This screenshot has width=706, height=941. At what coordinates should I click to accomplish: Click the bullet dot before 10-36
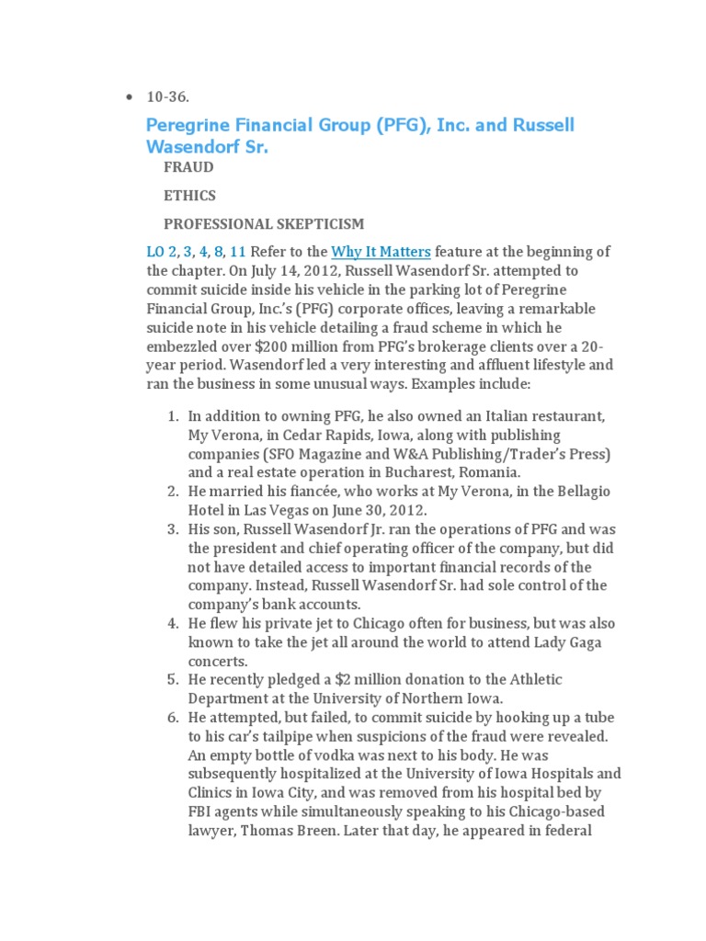pyautogui.click(x=129, y=97)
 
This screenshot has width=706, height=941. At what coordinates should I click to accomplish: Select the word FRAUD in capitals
pyautogui.click(x=188, y=167)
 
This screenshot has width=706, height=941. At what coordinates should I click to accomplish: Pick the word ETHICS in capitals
pyautogui.click(x=189, y=196)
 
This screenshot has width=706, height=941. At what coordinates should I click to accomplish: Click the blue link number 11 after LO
pyautogui.click(x=238, y=252)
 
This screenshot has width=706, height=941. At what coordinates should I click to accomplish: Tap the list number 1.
pyautogui.click(x=172, y=416)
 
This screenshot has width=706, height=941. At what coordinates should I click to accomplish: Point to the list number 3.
pyautogui.click(x=172, y=529)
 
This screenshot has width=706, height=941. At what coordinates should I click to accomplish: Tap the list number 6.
pyautogui.click(x=172, y=717)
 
